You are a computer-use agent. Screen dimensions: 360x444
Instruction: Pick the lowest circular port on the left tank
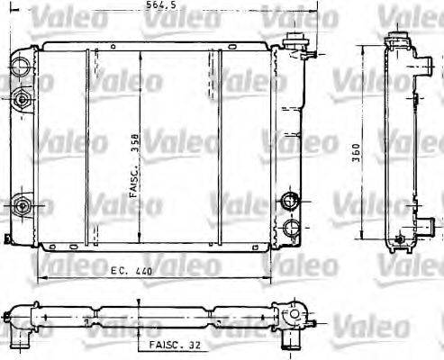(22, 204)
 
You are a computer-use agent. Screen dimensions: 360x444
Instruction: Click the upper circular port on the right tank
(289, 201)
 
